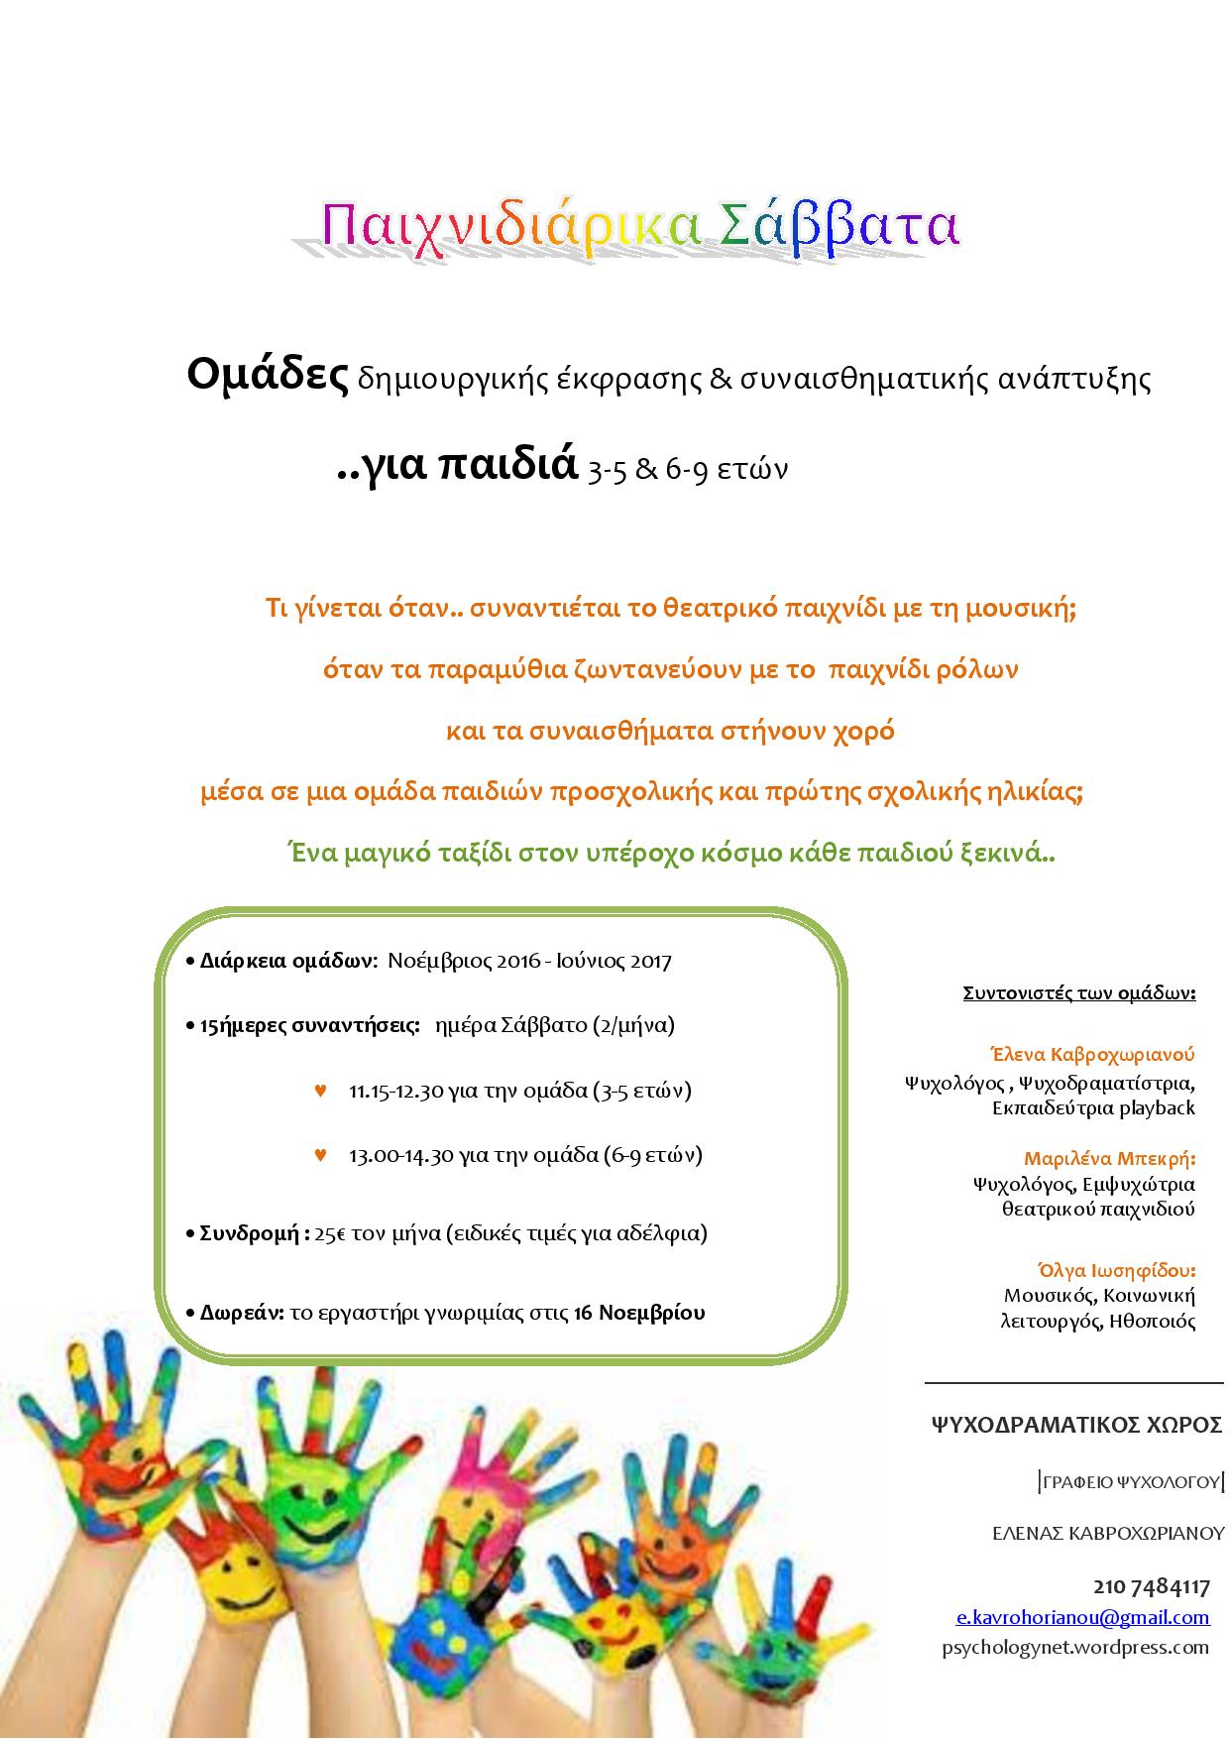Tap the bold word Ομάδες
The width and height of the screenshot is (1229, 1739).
tap(268, 375)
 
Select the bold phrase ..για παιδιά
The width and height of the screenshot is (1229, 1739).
tap(457, 463)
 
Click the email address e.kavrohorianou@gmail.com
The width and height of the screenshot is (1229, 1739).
tap(1082, 1617)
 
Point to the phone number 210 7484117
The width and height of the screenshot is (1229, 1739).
tap(1152, 1586)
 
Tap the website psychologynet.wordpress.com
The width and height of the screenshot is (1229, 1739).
tap(1075, 1647)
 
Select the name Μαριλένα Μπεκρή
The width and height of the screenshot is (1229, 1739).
tap(1109, 1158)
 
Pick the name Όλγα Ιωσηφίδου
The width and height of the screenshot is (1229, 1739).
tap(1116, 1270)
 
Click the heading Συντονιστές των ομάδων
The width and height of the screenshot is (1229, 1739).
tap(1079, 992)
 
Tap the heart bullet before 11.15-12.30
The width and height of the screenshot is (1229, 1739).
tap(320, 1091)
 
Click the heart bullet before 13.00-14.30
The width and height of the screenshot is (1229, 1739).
tap(320, 1154)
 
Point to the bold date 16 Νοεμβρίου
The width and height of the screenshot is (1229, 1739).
tap(639, 1313)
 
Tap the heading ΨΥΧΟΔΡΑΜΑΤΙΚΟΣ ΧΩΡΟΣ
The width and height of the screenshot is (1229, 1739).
tap(1076, 1426)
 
